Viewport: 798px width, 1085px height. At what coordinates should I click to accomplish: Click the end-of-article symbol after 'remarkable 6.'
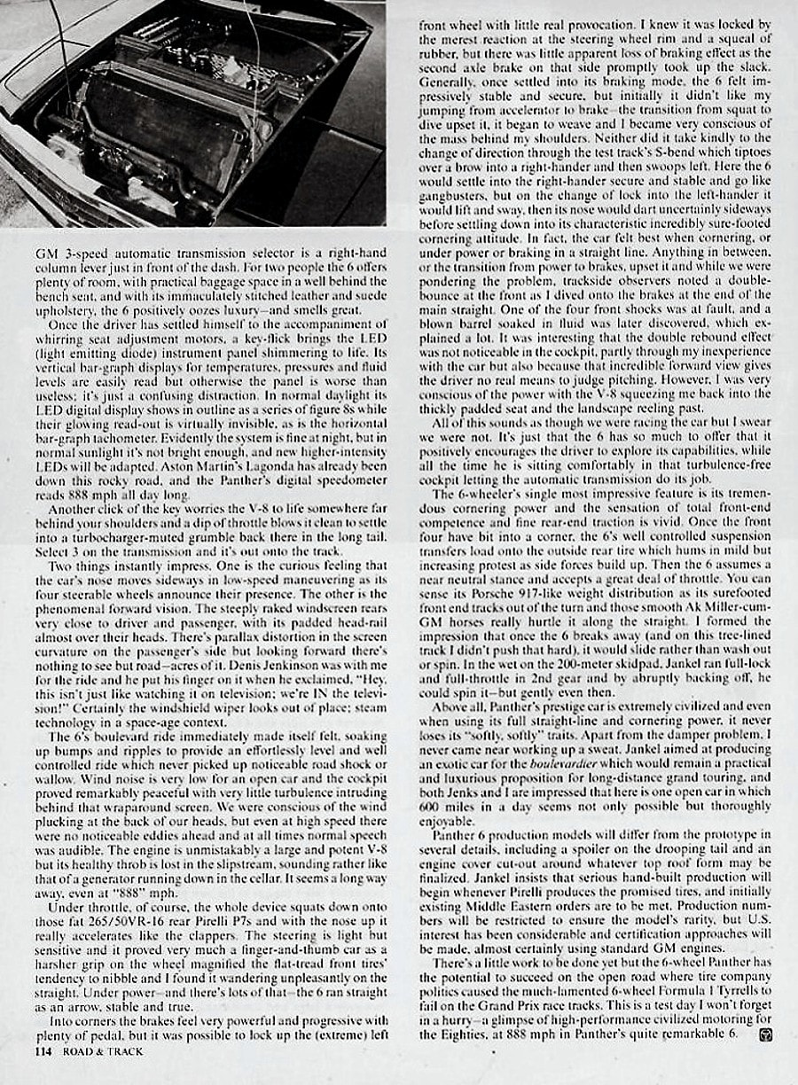click(x=753, y=1034)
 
